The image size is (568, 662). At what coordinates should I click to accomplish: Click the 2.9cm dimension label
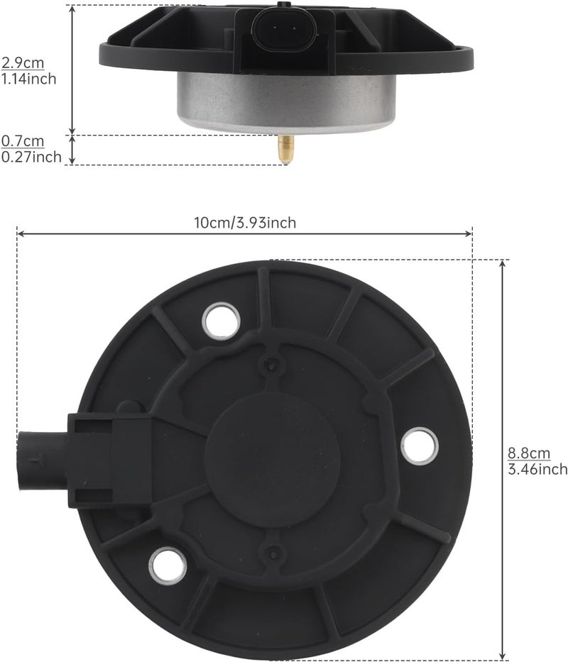tap(23, 63)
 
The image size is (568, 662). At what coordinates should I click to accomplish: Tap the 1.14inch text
tap(28, 79)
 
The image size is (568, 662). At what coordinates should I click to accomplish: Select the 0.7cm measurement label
tap(23, 141)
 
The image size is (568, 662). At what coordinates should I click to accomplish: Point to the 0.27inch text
tap(31, 157)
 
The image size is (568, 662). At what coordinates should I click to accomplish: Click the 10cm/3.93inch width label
tap(245, 223)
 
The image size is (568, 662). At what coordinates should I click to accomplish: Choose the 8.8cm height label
tap(529, 453)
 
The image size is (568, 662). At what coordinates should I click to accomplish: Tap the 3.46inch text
tap(537, 469)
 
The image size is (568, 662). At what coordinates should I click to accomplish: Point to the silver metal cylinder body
tap(286, 101)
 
